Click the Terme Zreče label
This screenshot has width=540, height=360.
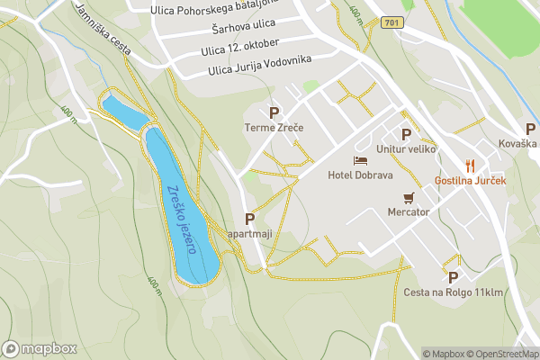(274, 129)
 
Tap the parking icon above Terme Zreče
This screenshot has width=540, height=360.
(274, 112)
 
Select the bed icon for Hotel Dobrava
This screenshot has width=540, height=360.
(361, 159)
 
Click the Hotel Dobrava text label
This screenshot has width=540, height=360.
(360, 175)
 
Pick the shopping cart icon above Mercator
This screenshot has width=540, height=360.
(409, 197)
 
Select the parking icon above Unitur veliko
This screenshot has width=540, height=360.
(407, 134)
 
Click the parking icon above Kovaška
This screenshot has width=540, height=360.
(530, 129)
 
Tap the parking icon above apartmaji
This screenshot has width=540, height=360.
(249, 219)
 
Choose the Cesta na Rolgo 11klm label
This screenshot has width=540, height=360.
(453, 292)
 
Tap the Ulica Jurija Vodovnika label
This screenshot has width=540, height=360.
(259, 63)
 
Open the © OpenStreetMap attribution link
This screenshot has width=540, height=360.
(504, 354)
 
